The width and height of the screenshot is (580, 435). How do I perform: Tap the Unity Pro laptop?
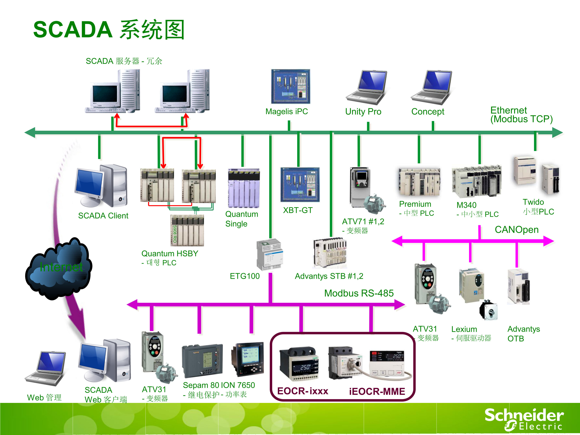(x=366, y=87)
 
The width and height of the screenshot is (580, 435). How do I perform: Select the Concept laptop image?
(x=431, y=87)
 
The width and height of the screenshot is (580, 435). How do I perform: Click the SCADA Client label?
(x=103, y=216)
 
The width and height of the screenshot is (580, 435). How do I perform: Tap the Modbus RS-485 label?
(x=359, y=293)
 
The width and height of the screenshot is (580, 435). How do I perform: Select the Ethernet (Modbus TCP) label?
(x=521, y=115)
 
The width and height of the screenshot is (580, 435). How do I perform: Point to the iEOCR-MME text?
(x=377, y=391)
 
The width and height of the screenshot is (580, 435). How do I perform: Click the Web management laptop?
(x=46, y=368)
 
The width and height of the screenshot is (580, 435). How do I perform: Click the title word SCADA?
(x=73, y=29)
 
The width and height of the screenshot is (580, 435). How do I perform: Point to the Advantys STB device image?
(x=330, y=253)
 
